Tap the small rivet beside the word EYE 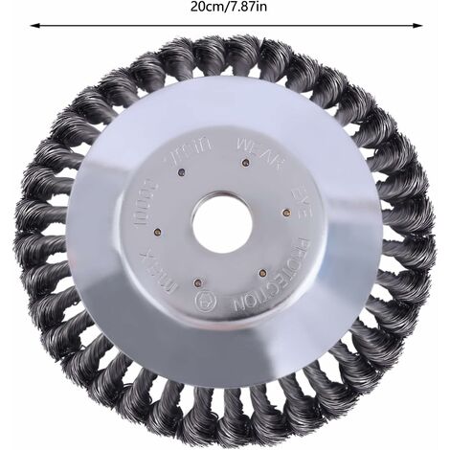(x=285, y=212)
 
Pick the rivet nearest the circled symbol (x=198, y=283)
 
